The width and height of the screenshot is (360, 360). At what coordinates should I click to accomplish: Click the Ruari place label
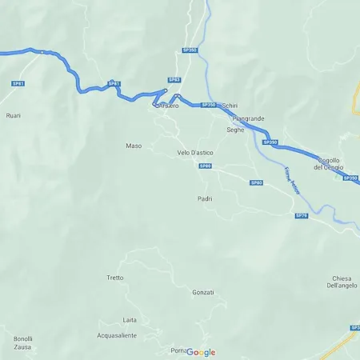(13, 115)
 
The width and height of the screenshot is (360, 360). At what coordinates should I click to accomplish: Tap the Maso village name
(134, 146)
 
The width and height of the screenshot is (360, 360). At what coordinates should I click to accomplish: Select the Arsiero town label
(168, 106)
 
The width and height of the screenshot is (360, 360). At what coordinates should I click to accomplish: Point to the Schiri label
(230, 106)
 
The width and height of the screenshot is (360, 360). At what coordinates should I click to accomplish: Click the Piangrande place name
(246, 118)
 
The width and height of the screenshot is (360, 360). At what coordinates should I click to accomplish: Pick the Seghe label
(235, 130)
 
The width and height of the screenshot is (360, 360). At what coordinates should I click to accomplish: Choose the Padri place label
(205, 198)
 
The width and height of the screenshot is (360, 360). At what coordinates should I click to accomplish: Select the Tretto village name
(115, 278)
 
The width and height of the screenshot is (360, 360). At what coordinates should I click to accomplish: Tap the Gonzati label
(203, 292)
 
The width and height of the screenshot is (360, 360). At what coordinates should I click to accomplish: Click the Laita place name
(130, 320)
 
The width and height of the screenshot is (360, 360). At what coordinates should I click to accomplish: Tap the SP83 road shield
(174, 80)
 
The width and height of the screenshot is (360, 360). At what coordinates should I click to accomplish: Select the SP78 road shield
(301, 215)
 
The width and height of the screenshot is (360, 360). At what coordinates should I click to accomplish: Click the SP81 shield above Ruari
(18, 83)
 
